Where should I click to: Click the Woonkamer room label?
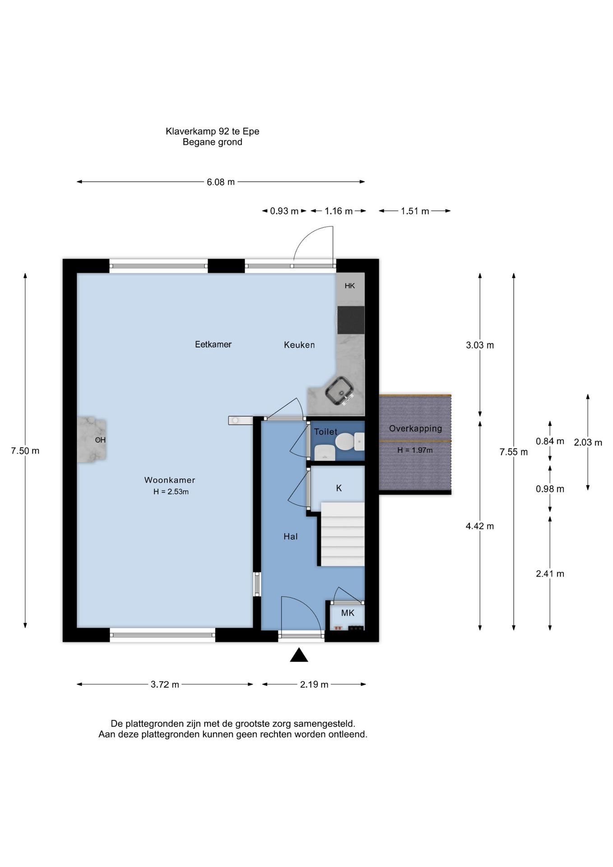[170, 480]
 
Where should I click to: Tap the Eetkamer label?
[213, 344]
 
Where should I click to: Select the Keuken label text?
[299, 345]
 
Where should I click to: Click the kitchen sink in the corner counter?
[340, 391]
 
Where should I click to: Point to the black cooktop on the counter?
[351, 320]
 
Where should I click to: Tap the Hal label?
[290, 536]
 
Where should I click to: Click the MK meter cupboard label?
[348, 613]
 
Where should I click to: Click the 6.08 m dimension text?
[221, 182]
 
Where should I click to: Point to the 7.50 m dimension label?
[25, 451]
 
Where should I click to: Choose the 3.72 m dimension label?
[165, 684]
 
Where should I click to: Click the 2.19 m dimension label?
[314, 684]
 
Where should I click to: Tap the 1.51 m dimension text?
[415, 211]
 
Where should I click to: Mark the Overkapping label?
[415, 429]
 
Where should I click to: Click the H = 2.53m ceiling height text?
[171, 492]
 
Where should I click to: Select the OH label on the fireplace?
[100, 440]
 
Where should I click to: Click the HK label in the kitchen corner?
[350, 286]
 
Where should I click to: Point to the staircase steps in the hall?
[343, 534]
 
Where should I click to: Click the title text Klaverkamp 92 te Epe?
[212, 131]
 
